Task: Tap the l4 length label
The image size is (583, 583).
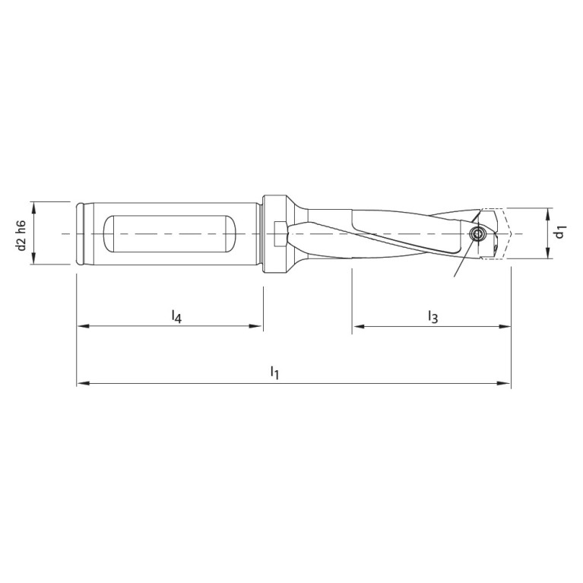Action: point(176,315)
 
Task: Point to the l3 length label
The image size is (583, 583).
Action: point(432,316)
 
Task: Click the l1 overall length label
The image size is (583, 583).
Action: point(275,372)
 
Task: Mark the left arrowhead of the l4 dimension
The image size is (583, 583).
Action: point(82,327)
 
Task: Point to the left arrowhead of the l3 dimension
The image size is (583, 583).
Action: point(358,327)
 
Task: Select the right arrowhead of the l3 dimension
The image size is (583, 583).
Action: point(505,327)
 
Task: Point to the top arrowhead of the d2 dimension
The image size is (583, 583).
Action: point(33,207)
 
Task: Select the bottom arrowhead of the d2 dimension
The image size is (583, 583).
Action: point(33,260)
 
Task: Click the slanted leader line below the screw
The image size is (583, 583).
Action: point(462,262)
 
